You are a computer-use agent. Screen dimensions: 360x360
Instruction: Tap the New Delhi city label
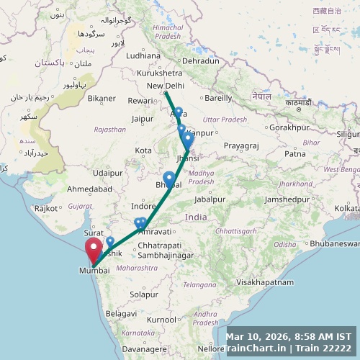[166, 86]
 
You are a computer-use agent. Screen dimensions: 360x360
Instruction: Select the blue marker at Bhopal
[168, 179]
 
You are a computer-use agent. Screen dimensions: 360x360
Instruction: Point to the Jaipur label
[143, 119]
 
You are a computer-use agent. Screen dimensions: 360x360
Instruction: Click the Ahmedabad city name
[89, 189]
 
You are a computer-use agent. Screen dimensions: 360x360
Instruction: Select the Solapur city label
[144, 294]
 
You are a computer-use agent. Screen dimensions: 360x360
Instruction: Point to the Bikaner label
[102, 98]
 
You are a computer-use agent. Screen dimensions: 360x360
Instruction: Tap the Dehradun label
[200, 61]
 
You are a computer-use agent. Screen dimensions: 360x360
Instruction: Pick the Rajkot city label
[46, 208]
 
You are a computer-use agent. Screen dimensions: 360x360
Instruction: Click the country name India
[195, 217]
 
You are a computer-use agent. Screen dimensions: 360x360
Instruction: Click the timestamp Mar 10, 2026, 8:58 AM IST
[289, 336]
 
